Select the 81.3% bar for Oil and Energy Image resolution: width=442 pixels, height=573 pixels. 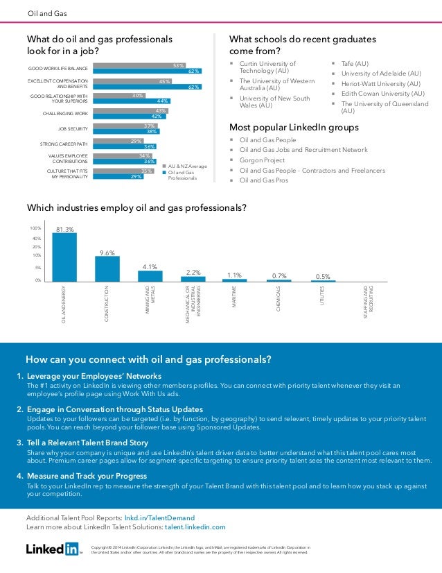[x=64, y=257]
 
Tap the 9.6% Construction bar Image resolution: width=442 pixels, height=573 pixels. [x=107, y=269]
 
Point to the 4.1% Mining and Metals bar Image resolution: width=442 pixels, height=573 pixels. [x=150, y=275]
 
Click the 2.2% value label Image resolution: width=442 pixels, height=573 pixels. [x=193, y=272]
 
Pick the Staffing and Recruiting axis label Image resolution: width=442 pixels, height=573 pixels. [x=368, y=303]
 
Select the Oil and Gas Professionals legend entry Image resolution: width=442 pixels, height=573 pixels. [x=183, y=175]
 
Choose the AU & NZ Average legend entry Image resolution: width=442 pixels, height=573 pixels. [x=187, y=166]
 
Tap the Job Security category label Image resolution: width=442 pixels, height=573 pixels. [x=73, y=128]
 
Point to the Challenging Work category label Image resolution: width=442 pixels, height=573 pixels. [x=66, y=112]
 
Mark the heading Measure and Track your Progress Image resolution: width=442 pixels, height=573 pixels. [x=87, y=476]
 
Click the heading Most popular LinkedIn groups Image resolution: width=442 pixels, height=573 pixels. [x=294, y=128]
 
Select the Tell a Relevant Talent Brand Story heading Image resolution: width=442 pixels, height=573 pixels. [x=87, y=442]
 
